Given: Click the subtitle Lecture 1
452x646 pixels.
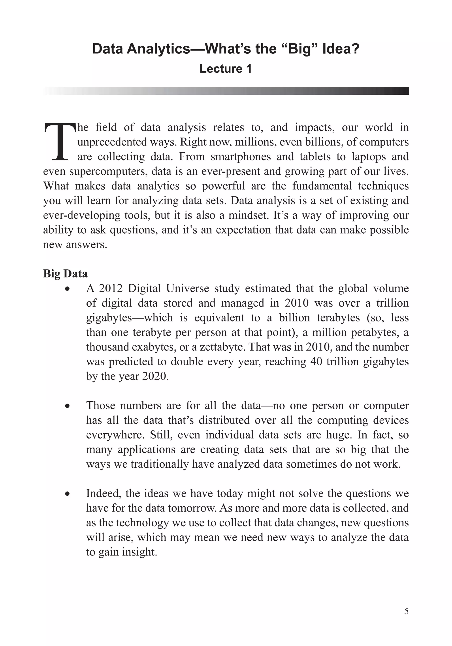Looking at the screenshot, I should tap(226, 69).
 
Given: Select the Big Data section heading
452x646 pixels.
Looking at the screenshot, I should tap(65, 274).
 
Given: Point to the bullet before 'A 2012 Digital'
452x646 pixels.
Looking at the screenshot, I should tap(67, 289).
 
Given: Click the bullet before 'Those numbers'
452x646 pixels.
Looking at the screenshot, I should tap(67, 406).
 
